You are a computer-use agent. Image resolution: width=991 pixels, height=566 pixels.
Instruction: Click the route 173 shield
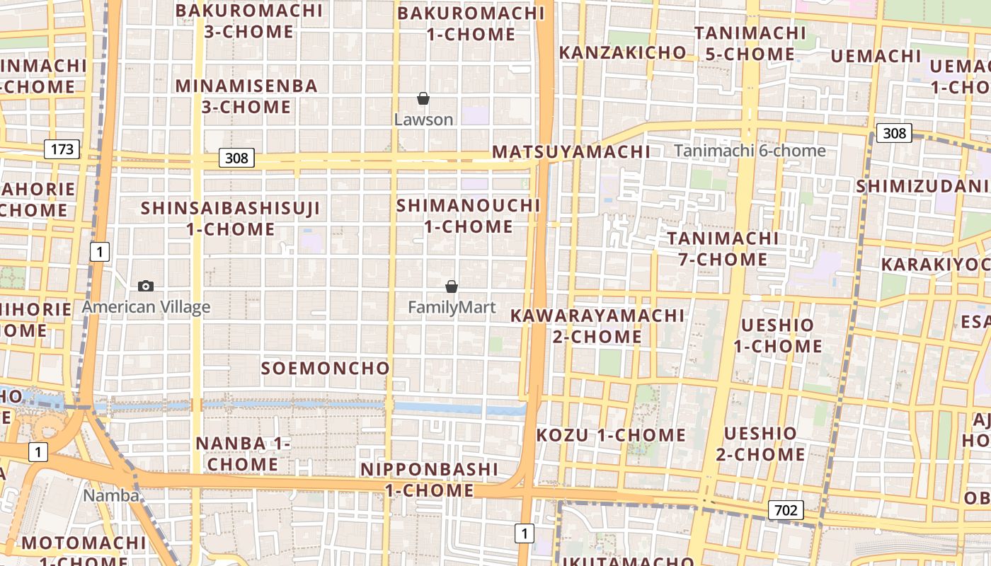coord(62,149)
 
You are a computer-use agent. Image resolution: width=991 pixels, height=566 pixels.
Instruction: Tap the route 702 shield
coord(786,510)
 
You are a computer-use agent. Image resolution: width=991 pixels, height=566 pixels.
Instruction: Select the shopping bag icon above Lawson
coord(423,98)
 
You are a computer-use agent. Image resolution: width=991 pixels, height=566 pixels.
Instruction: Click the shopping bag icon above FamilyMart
coord(452,287)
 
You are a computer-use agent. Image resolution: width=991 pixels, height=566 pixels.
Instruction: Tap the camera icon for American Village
coord(146,286)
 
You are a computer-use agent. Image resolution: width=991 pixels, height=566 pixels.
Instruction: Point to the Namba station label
coord(111,495)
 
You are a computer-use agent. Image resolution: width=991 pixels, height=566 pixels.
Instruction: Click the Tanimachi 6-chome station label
coord(750,151)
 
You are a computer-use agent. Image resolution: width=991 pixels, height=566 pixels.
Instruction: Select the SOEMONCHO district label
coord(326,369)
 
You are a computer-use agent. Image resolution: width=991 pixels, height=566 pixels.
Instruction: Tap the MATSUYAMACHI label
coord(571,152)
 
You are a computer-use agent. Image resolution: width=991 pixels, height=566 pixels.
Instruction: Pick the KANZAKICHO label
coord(622,52)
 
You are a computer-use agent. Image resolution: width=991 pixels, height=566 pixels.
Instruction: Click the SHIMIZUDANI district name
coord(922,186)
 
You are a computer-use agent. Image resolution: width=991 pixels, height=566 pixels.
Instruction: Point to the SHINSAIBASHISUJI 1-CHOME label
coord(230,219)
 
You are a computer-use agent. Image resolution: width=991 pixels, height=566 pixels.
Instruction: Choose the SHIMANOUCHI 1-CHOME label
coord(469,216)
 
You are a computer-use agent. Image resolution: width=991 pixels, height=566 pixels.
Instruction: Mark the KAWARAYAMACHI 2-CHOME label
coord(597,326)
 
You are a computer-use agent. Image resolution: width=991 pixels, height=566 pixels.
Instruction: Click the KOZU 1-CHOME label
coord(611,435)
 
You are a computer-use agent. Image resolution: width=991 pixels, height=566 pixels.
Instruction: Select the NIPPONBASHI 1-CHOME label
coord(430,480)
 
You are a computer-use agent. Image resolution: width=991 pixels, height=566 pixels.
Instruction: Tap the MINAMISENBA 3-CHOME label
coord(246,96)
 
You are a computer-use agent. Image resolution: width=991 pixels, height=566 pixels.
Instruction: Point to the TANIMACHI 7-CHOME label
coord(723,248)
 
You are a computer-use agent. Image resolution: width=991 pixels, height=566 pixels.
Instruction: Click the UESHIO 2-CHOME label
coord(760,444)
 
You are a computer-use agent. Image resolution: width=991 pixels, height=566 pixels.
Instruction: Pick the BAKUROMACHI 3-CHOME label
coord(249,21)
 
